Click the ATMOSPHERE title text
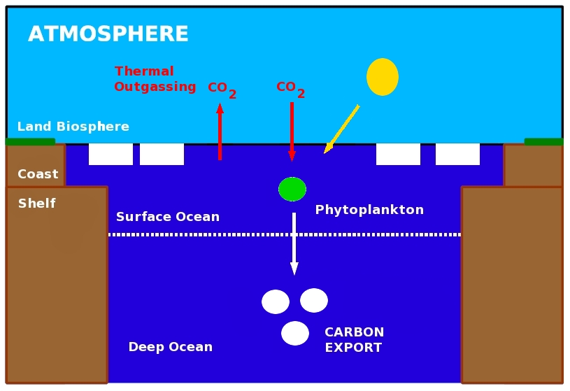tap(108, 34)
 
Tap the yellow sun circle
tap(383, 77)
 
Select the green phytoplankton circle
tap(292, 189)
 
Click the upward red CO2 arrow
tap(220, 133)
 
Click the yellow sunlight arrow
tap(342, 129)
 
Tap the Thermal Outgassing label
tap(155, 79)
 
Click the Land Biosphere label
tap(73, 127)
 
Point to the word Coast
tap(38, 174)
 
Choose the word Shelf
tap(36, 204)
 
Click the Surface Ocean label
tap(168, 217)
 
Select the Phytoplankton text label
tap(369, 210)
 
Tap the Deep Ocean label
tap(170, 347)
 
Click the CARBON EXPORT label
tap(354, 340)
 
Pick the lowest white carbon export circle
tap(295, 333)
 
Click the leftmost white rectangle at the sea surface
tap(111, 154)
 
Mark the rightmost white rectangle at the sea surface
tap(457, 154)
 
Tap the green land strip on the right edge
tap(543, 142)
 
